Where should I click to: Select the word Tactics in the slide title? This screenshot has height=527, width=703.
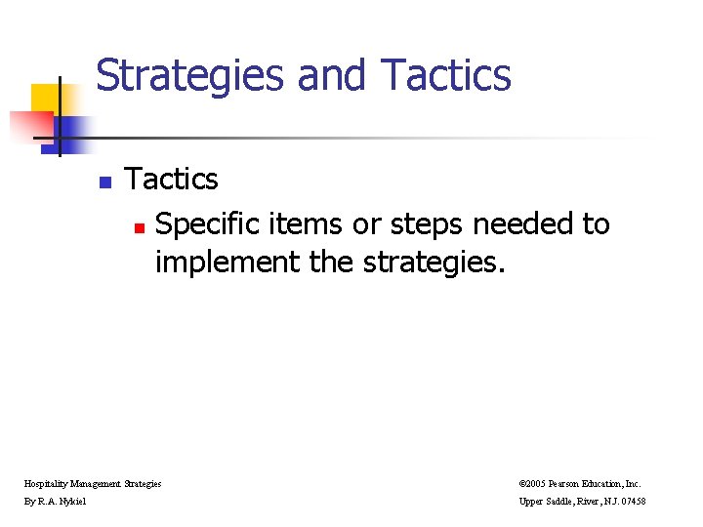446,75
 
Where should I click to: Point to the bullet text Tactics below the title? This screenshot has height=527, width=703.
172,180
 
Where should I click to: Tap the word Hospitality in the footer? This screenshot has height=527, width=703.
45,483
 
